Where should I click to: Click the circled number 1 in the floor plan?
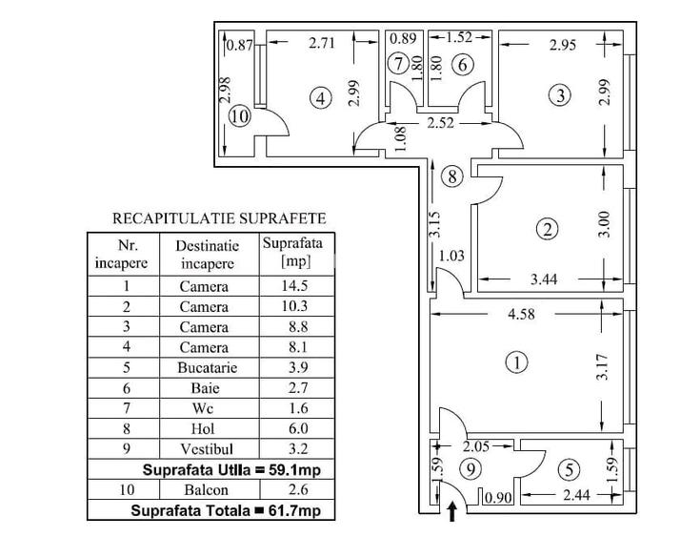click(x=515, y=362)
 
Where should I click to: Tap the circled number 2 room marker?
click(x=547, y=229)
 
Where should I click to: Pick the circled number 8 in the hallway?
click(x=453, y=176)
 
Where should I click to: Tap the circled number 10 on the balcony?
click(x=239, y=116)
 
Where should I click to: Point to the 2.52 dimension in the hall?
click(x=440, y=123)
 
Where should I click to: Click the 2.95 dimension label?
click(x=564, y=44)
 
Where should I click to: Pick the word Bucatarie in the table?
click(x=204, y=367)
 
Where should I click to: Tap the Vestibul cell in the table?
click(x=204, y=449)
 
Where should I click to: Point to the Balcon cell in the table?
click(x=204, y=490)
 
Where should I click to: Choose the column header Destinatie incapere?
click(x=204, y=254)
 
